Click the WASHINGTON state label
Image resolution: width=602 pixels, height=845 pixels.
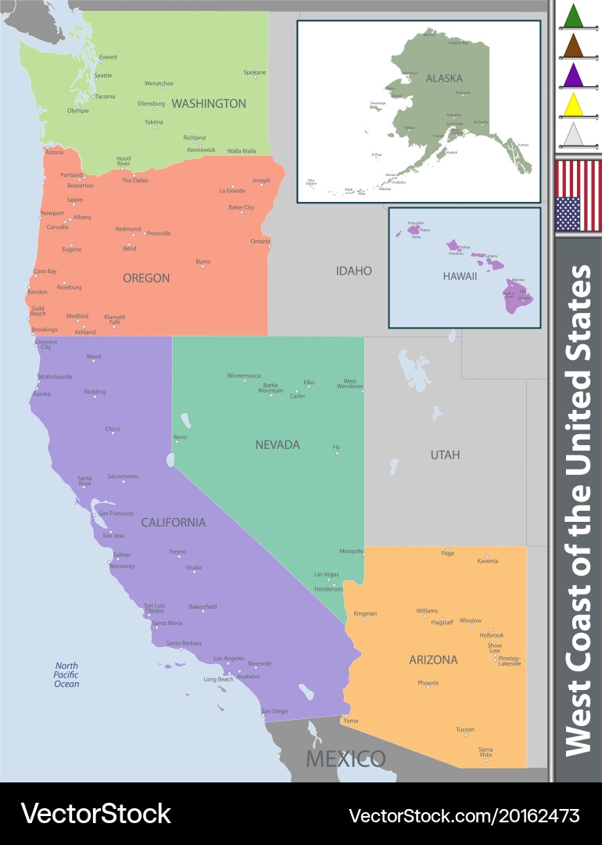(209, 103)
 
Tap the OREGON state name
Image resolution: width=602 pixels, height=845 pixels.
(146, 278)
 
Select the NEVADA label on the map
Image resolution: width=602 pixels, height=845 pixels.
(278, 444)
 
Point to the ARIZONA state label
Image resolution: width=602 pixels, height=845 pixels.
(433, 660)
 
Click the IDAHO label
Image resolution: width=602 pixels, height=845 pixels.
(354, 271)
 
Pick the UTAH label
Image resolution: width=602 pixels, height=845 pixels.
(445, 455)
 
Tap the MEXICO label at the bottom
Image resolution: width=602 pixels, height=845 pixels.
(346, 758)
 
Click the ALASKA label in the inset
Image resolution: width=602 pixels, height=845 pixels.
(444, 78)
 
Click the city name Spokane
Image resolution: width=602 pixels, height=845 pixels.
(254, 73)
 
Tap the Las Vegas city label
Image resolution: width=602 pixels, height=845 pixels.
(326, 574)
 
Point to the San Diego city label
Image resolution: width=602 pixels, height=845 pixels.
(274, 710)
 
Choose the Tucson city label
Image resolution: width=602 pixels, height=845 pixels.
(465, 730)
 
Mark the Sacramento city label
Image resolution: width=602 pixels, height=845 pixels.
(123, 476)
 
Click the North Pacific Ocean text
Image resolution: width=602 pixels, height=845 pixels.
(66, 674)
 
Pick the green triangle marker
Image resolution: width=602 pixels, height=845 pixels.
(574, 16)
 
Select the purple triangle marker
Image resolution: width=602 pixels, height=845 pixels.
(574, 75)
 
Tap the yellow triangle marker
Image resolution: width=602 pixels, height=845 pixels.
(574, 104)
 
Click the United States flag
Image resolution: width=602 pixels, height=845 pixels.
(578, 196)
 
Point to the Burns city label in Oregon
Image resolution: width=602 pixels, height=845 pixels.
(203, 261)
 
